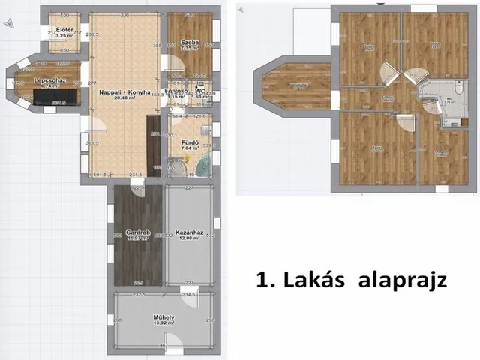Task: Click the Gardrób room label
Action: pyautogui.click(x=138, y=233)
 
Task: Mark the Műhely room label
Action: pyautogui.click(x=163, y=317)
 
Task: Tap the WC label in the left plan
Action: pyautogui.click(x=200, y=91)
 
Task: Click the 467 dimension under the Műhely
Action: pyautogui.click(x=163, y=344)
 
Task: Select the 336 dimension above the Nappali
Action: pyautogui.click(x=124, y=14)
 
